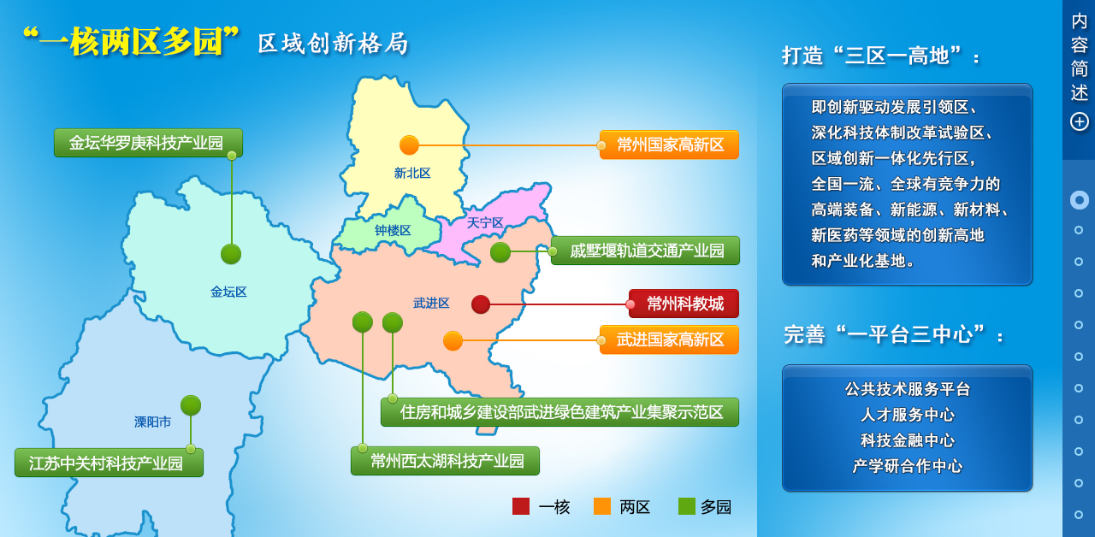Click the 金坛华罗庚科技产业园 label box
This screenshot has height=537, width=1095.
click(148, 143)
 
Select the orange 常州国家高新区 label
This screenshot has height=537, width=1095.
click(669, 145)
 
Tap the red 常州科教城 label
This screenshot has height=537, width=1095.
click(684, 304)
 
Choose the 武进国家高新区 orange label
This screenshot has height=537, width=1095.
click(669, 339)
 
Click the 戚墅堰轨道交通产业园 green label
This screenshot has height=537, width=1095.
click(645, 251)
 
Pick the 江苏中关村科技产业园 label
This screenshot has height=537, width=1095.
click(109, 463)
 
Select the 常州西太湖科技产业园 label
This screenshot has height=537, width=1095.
click(445, 461)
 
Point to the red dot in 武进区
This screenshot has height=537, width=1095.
click(481, 304)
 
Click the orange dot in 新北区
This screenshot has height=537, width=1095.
click(409, 145)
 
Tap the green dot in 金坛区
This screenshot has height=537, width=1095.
click(231, 254)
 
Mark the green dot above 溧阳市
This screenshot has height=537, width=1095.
click(191, 405)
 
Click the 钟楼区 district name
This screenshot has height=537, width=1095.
click(393, 230)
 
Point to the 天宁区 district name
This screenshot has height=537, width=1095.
click(485, 223)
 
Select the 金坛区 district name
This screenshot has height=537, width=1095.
click(228, 292)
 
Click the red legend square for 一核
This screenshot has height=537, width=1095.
click(521, 506)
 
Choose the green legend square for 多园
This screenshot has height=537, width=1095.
click(687, 506)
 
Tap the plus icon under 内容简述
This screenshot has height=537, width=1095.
click(1079, 121)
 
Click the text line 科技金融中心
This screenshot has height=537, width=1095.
click(908, 440)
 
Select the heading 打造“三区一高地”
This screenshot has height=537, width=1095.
click(880, 56)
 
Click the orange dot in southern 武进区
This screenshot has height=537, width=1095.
click(453, 341)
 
